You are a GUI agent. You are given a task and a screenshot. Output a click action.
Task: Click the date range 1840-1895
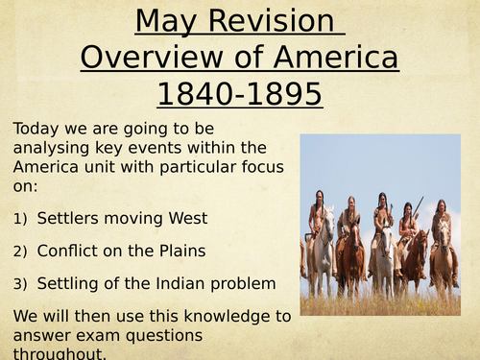(x=240, y=96)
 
